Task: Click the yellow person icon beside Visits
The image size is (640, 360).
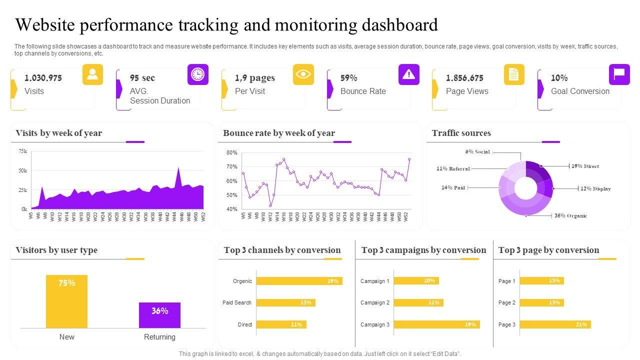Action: coord(92,74)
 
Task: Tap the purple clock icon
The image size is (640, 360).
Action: coord(198,74)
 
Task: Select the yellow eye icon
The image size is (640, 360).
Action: coord(303,74)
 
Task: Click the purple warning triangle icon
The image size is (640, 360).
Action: coord(409,74)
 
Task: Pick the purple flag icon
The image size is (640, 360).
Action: coord(619,74)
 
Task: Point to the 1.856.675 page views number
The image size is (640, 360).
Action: coord(464,78)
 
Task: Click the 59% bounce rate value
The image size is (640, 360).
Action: coord(348,78)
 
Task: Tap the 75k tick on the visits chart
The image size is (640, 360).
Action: coord(23,151)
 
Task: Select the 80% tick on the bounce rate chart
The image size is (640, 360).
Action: coord(232,152)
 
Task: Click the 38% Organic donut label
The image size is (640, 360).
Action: coord(570,216)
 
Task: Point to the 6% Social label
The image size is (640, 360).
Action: coord(477,152)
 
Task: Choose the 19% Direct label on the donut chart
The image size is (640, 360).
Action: coord(585,166)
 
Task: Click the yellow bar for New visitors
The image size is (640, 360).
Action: coord(66,301)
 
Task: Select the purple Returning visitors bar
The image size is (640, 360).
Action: coord(159,315)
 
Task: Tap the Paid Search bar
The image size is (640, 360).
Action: coord(285,302)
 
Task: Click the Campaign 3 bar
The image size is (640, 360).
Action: coord(436,324)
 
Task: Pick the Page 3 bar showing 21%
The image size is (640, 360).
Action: coord(555,324)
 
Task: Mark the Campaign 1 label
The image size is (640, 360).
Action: coord(375,281)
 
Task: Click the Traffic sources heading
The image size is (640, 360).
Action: coord(461,133)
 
